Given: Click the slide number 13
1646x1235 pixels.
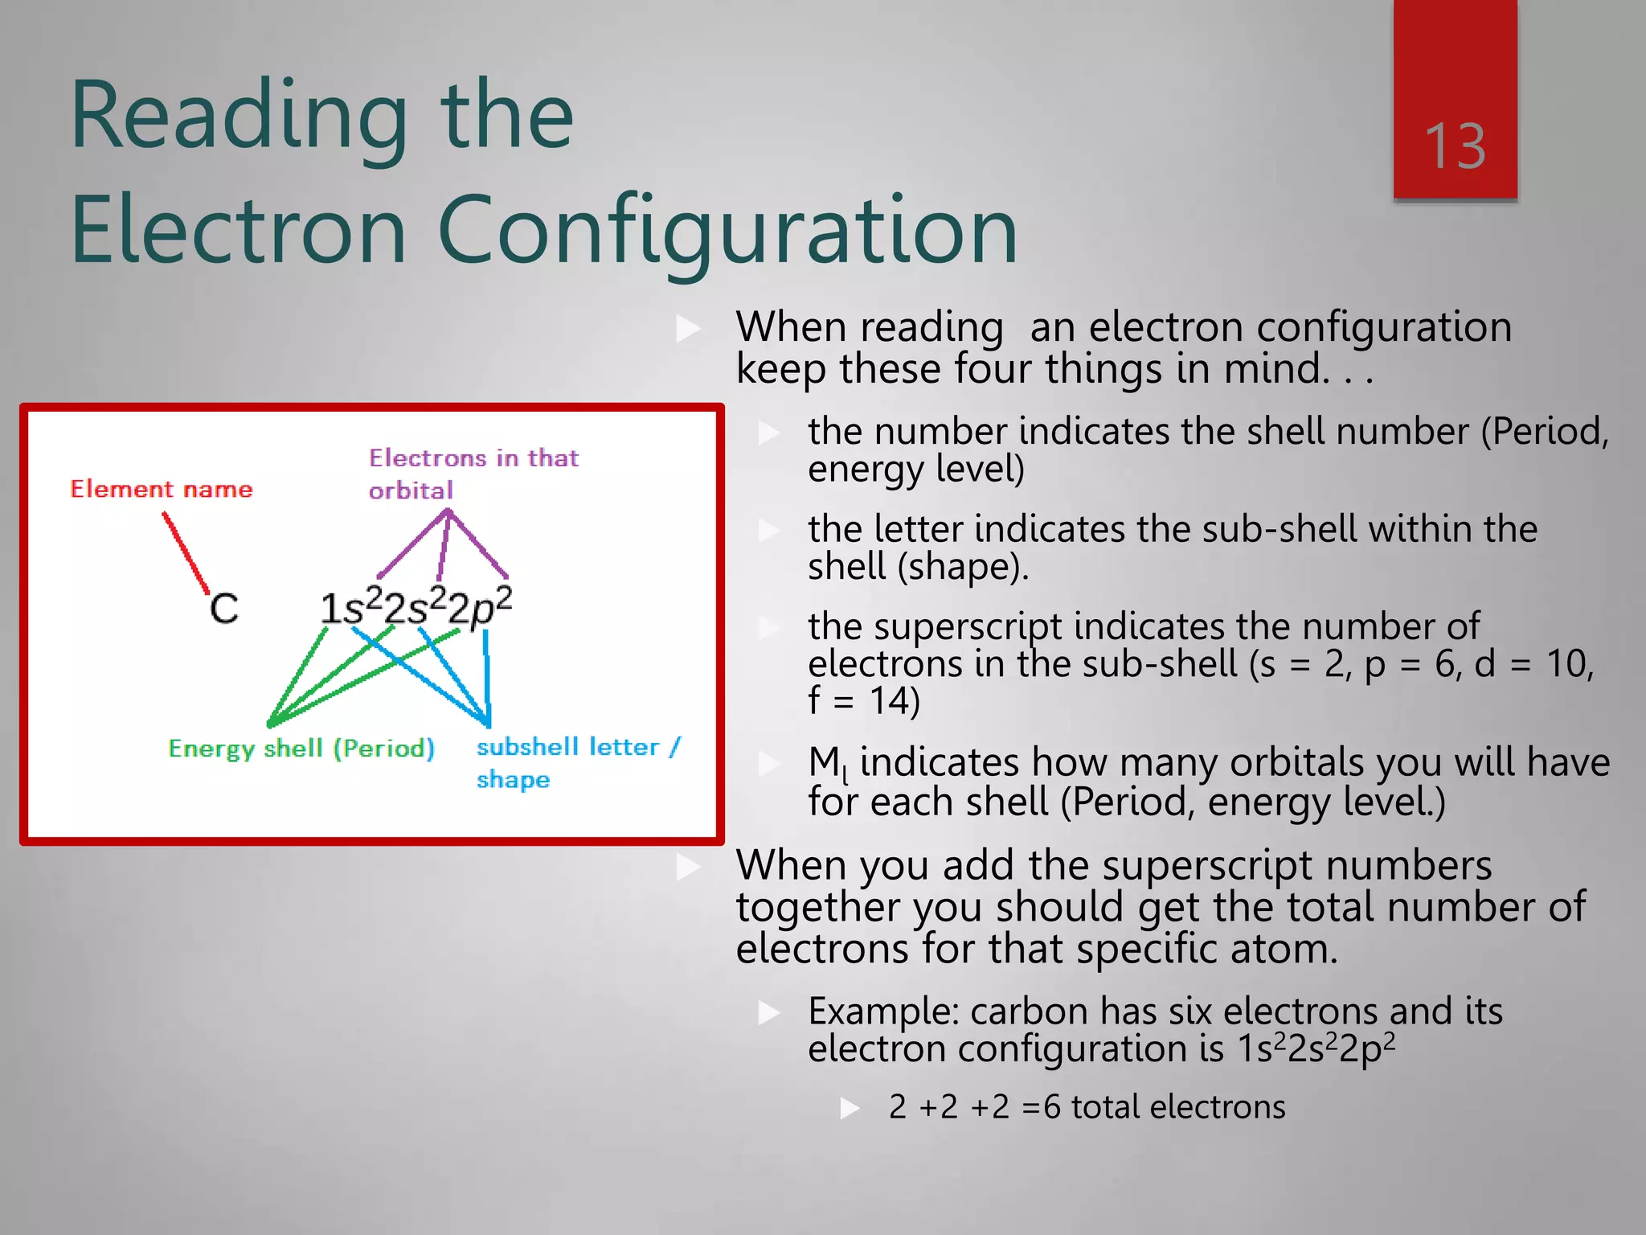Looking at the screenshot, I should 1455,146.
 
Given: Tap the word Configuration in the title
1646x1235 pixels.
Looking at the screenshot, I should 727,232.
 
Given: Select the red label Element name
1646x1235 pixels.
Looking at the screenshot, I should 162,489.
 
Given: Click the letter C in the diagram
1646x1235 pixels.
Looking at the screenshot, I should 224,609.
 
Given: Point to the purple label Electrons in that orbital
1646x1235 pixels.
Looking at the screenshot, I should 473,474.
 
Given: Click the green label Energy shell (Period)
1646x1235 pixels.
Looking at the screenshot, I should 301,749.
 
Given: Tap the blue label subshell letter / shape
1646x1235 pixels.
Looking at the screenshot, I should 577,761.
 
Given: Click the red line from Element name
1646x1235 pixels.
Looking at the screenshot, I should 186,554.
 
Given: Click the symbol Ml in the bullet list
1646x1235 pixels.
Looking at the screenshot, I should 828,762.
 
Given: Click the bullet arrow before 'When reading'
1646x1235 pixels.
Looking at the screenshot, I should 688,328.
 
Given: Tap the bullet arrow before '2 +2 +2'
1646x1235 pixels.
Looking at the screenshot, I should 850,1109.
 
